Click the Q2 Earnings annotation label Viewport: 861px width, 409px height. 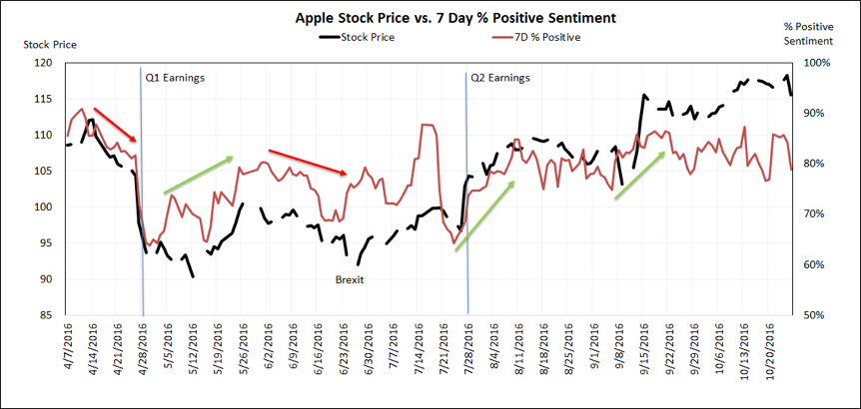500,77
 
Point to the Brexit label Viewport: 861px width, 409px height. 349,280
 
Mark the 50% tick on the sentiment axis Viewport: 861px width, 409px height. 816,315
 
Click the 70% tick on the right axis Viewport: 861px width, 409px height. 816,214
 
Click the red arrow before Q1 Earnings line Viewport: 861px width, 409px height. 115,124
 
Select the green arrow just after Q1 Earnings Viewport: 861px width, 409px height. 198,174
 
